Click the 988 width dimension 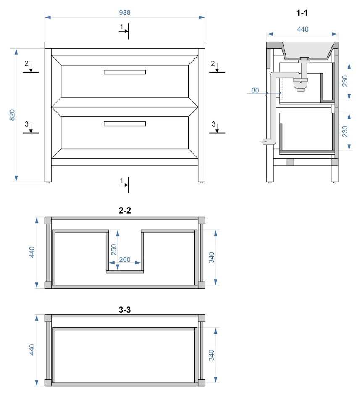[x=124, y=13]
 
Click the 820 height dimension [x=12, y=115]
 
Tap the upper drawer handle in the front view [x=125, y=72]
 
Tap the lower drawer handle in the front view [x=125, y=124]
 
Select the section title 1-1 [x=302, y=13]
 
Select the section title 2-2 [x=125, y=211]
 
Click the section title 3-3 [x=125, y=310]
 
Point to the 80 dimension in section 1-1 [x=255, y=90]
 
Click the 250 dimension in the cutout [x=114, y=250]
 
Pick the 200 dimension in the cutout [x=125, y=260]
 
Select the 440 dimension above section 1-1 [x=302, y=29]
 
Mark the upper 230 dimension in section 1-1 [x=345, y=81]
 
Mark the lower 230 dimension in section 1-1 [x=345, y=131]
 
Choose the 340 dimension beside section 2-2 [x=212, y=257]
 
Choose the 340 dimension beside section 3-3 [x=212, y=355]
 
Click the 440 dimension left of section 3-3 [x=32, y=349]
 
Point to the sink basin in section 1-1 [x=309, y=51]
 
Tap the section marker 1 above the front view [x=121, y=27]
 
